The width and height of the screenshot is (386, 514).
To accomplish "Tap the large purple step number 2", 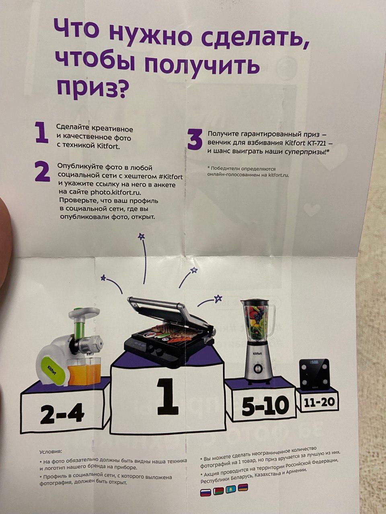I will point(42,171).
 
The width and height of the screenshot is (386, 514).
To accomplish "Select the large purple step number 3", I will point(195,140).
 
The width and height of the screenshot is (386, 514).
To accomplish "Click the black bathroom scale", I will point(314,374).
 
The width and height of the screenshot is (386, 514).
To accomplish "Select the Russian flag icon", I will point(205,492).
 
